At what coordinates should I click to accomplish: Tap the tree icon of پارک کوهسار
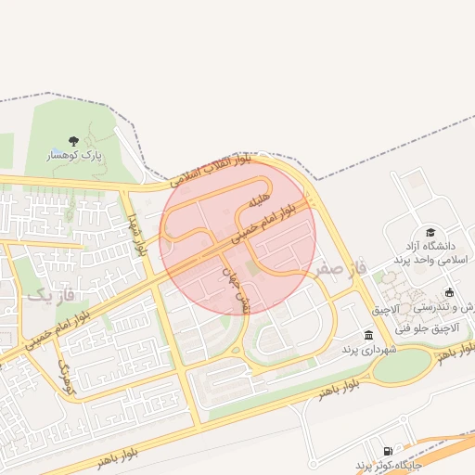(x=72, y=141)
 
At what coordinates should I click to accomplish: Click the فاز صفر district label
(x=340, y=268)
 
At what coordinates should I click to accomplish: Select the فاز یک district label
(x=41, y=295)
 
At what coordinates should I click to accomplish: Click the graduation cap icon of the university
(x=430, y=232)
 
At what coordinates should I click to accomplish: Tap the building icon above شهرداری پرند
(x=369, y=335)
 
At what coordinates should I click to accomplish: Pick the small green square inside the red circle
(x=252, y=267)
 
